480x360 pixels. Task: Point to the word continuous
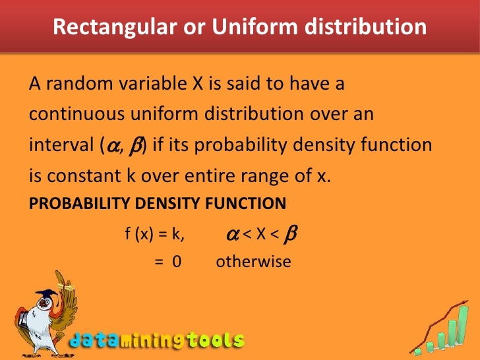[74, 115]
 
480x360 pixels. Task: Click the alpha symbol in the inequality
[232, 234]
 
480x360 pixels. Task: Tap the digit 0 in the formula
[177, 261]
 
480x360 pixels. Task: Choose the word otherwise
[253, 261]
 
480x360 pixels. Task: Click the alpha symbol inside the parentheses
[109, 144]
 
